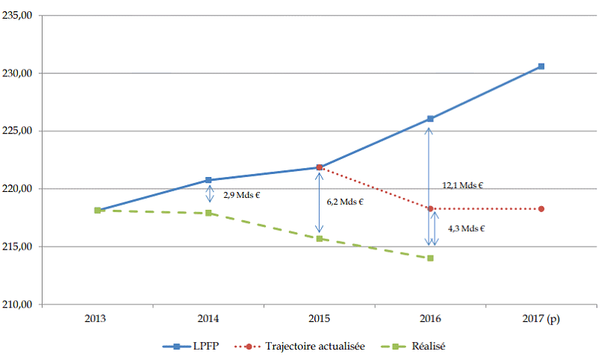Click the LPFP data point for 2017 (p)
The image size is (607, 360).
[541, 66]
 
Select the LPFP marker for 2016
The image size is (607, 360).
[430, 119]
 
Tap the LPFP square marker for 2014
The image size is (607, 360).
[208, 180]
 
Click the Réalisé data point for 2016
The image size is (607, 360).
[430, 258]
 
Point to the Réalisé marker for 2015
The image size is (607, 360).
[319, 239]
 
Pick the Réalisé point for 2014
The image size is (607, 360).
[208, 213]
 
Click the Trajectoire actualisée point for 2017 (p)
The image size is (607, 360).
[541, 208]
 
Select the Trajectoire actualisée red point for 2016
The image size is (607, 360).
[430, 208]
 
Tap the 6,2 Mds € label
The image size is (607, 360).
[346, 202]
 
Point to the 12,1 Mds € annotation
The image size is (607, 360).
[462, 184]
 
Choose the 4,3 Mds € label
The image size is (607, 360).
[467, 229]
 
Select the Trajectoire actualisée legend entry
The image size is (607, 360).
[302, 347]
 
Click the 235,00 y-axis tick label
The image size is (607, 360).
[20, 16]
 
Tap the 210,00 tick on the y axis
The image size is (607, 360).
[20, 305]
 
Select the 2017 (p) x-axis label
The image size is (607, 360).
[541, 318]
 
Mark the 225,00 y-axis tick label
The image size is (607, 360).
[20, 131]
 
